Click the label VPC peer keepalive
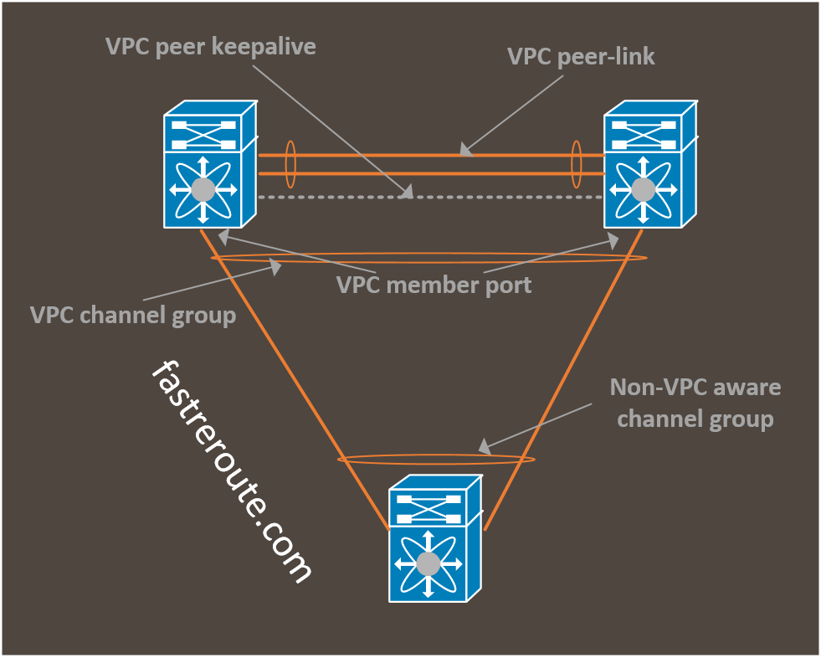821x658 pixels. pos(211,46)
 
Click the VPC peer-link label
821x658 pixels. pos(581,57)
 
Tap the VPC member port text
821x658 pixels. pos(434,285)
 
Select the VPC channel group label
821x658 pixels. pos(132,316)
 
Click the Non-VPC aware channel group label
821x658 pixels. pos(695,403)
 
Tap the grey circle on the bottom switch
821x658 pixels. pos(428,563)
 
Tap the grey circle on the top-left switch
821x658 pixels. pos(203,189)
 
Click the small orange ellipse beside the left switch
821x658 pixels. pos(290,164)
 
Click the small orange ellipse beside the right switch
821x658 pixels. pos(577,164)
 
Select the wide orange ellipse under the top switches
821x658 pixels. pos(428,257)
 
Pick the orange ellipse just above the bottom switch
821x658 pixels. pos(435,459)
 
